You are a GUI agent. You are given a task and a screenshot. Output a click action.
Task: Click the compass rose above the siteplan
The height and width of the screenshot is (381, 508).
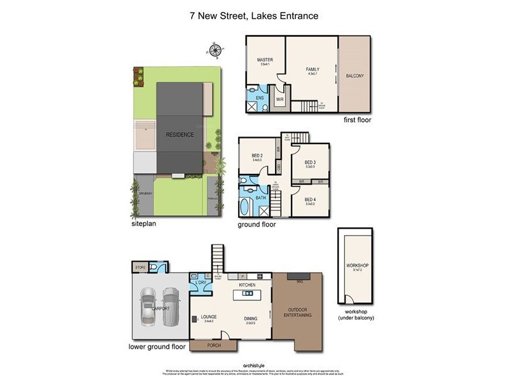215,48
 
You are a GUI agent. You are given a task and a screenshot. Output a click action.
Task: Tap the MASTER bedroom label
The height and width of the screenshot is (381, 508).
265,60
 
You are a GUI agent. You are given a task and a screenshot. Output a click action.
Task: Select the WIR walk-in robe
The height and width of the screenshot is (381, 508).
279,98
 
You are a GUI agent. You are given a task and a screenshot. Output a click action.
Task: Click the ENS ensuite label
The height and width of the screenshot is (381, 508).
260,98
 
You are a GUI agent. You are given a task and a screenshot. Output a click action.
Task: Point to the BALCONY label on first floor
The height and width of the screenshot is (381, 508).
355,76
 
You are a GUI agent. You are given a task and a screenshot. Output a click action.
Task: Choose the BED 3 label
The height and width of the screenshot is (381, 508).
311,163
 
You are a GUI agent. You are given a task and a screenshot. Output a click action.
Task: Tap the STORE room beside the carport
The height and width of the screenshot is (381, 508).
140,267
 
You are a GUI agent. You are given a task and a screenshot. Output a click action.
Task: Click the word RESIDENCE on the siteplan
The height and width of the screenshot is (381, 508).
180,135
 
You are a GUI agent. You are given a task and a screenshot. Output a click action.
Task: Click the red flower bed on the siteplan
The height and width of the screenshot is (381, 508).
138,76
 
